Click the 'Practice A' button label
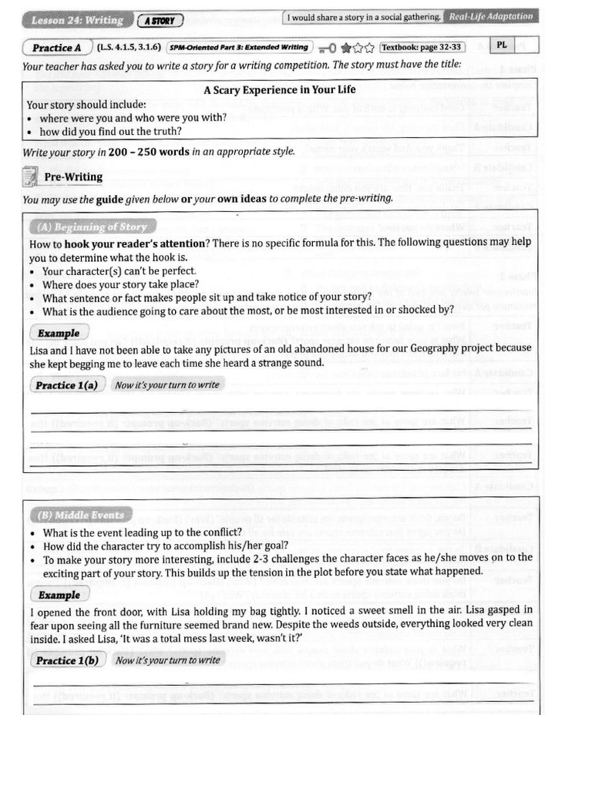click(56, 48)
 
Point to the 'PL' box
click(502, 45)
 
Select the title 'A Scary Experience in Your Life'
click(279, 89)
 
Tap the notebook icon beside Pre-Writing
click(30, 177)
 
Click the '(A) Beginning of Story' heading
click(92, 227)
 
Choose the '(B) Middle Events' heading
click(81, 515)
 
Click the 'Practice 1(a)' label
click(66, 385)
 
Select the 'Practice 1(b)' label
click(66, 660)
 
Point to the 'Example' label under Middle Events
click(59, 595)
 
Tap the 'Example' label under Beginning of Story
click(59, 334)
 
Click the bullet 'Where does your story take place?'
click(119, 284)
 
